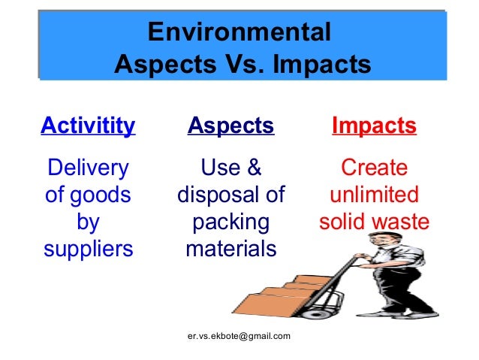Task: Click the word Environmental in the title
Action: click(239, 32)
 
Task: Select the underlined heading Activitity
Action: click(88, 125)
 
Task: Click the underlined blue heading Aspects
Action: click(230, 125)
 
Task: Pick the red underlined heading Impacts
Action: click(374, 125)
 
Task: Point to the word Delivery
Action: click(88, 167)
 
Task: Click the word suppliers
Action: click(88, 249)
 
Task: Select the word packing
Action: click(230, 222)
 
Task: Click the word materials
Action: click(230, 249)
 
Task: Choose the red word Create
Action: click(374, 167)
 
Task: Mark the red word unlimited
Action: click(374, 195)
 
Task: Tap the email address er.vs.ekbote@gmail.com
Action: click(239, 336)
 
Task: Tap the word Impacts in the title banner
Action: click(321, 65)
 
